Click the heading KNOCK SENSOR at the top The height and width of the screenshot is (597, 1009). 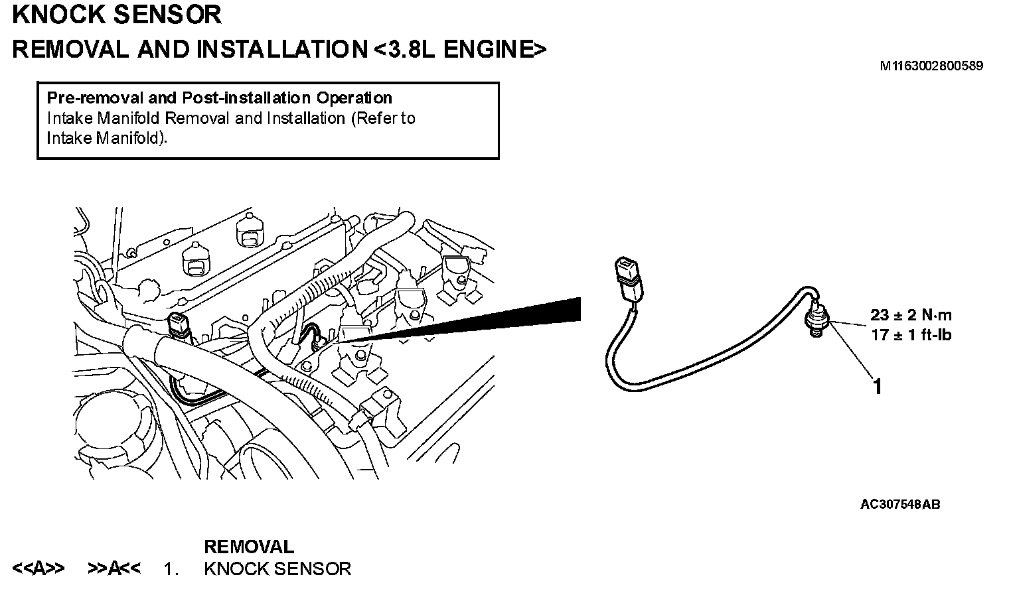[x=117, y=15]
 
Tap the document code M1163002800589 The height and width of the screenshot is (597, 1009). [x=931, y=66]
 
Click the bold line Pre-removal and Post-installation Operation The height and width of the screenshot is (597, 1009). [x=219, y=98]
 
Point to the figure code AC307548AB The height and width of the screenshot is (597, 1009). [x=899, y=504]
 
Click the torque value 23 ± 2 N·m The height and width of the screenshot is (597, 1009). [x=911, y=316]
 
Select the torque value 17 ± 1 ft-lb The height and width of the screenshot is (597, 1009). [x=911, y=335]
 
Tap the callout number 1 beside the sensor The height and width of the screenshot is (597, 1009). [x=878, y=385]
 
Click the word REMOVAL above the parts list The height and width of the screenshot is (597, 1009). [x=248, y=547]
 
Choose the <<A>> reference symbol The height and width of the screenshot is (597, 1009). [x=39, y=568]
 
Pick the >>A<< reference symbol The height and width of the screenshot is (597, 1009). [x=114, y=568]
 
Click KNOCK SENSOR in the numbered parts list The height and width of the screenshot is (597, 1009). [x=277, y=568]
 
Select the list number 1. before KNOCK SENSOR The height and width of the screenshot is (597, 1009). [x=171, y=568]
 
